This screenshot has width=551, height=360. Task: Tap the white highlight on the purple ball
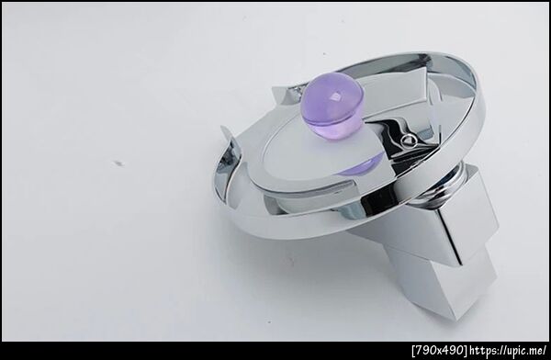click(x=334, y=96)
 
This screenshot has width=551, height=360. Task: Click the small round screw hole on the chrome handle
click(x=410, y=140)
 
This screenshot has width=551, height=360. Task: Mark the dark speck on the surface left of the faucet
click(x=118, y=163)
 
